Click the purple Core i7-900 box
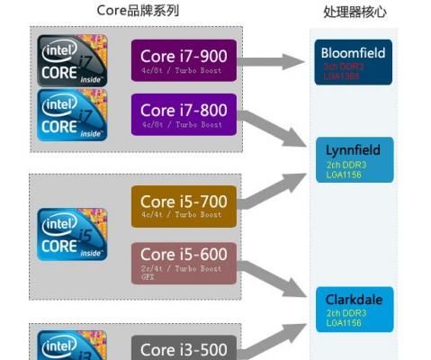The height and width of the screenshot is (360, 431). click(184, 60)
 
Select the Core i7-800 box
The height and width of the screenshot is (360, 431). click(184, 114)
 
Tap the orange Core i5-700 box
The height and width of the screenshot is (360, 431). click(184, 206)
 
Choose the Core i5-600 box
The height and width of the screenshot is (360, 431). click(184, 261)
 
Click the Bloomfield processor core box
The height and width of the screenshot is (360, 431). click(353, 60)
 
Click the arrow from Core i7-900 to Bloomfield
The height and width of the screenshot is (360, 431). click(275, 61)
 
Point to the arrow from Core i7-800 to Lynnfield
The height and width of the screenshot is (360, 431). click(275, 126)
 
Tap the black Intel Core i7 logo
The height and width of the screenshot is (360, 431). click(72, 59)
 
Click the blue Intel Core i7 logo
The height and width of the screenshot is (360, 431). click(72, 113)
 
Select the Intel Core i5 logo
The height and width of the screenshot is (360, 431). click(72, 233)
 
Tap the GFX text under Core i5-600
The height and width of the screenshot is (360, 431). click(148, 278)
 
